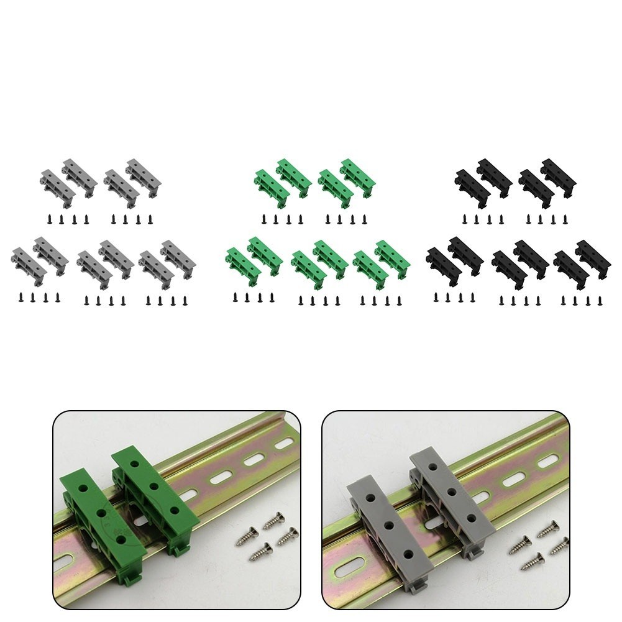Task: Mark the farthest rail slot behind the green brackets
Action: (x=284, y=444)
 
